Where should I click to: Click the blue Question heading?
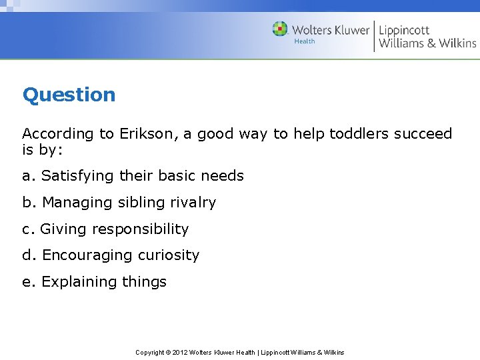pyautogui.click(x=69, y=95)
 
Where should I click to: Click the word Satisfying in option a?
pyautogui.click(x=77, y=176)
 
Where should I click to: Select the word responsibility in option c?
pyautogui.click(x=140, y=229)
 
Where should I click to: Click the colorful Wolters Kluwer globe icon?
pyautogui.click(x=280, y=29)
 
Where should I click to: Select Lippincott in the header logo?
pyautogui.click(x=404, y=29)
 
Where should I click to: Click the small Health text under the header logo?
pyautogui.click(x=305, y=41)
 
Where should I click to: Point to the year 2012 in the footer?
pyautogui.click(x=180, y=352)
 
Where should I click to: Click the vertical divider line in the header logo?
pyautogui.click(x=374, y=36)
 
